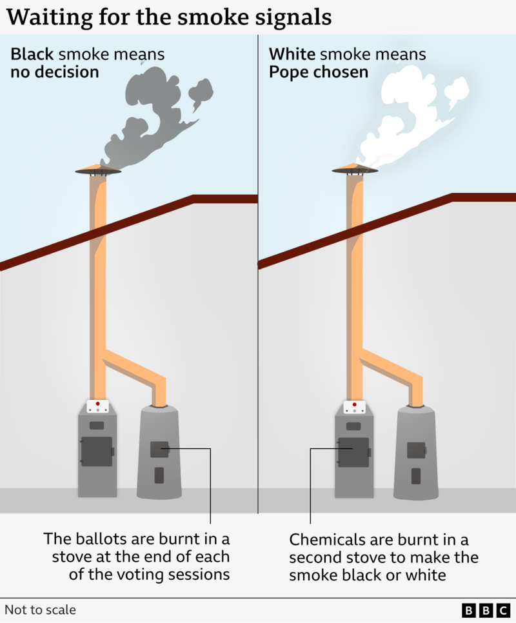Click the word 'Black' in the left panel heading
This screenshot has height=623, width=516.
pos(32,54)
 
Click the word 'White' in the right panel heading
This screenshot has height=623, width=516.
pos(290,54)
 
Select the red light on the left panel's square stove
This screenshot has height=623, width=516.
pos(98,404)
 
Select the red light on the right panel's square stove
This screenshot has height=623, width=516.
pos(355,404)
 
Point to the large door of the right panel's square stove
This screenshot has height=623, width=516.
pos(353,451)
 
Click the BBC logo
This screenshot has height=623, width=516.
pos(485,610)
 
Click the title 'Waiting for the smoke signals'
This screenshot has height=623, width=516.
pos(169,17)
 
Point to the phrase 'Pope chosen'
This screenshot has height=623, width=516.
pos(319,72)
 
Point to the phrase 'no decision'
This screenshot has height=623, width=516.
pos(55,72)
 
